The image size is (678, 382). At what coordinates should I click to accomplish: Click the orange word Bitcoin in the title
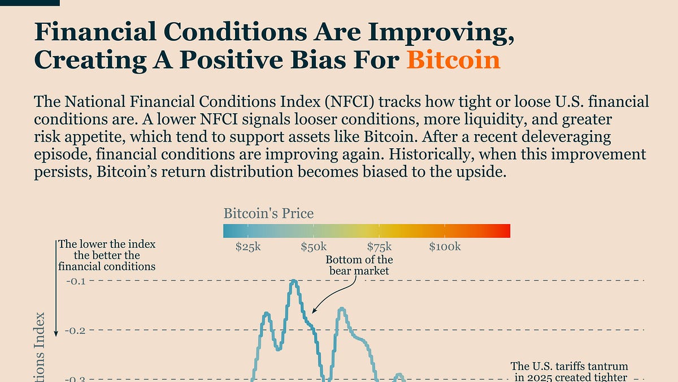click(x=453, y=59)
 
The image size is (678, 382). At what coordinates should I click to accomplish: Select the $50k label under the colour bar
click(x=314, y=247)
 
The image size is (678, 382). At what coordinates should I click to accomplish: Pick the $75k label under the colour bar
click(x=380, y=247)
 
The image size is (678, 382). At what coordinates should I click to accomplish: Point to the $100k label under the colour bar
click(x=445, y=247)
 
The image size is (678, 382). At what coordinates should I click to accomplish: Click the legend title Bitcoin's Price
click(x=268, y=213)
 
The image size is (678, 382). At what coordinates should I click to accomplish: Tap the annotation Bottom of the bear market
click(x=359, y=265)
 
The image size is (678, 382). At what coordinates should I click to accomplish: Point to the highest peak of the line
click(x=294, y=281)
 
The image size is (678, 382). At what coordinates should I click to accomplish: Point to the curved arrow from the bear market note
click(x=336, y=294)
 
